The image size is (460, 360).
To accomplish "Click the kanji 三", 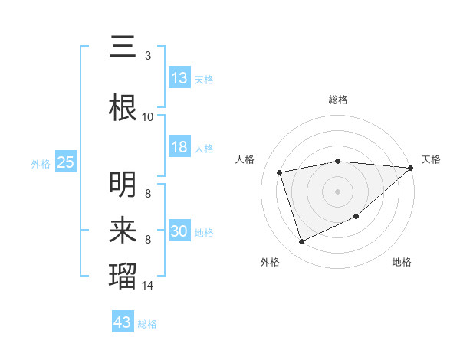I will click(123, 47).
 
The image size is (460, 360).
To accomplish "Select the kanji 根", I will click(123, 108).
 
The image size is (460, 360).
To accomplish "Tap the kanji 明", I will click(123, 185).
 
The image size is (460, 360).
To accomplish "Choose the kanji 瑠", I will click(123, 277).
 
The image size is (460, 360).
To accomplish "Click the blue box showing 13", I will click(179, 77).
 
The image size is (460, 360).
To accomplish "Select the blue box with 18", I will click(179, 147).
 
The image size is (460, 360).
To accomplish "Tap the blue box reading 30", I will click(179, 231).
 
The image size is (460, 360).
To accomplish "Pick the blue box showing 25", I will click(66, 162).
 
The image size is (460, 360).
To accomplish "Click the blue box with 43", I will click(123, 322).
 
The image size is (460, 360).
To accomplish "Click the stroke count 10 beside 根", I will click(148, 117).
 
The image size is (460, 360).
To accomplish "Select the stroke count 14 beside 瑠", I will click(148, 286).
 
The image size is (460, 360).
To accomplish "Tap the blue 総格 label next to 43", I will click(148, 324).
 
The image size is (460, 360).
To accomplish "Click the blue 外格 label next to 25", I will click(41, 163).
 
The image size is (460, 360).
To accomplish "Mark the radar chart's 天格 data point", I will click(411, 169).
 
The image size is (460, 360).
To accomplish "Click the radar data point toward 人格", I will click(280, 172).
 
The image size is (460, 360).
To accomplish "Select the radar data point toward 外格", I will click(301, 242).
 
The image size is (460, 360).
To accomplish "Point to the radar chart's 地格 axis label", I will click(402, 263).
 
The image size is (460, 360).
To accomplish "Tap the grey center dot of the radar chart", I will click(337, 191).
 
